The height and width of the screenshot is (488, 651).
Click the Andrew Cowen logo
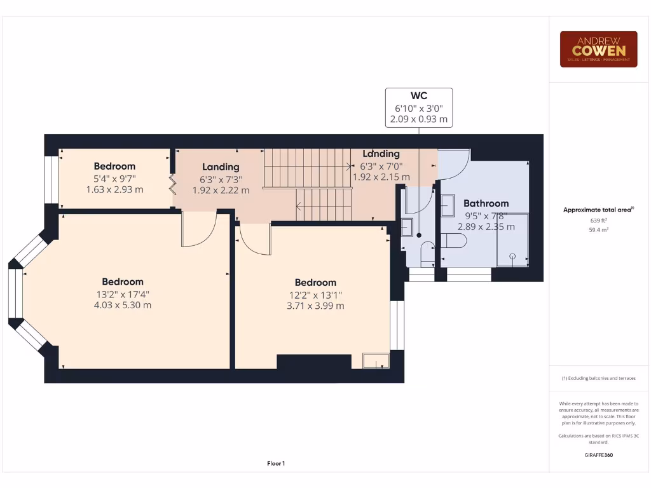point(598,49)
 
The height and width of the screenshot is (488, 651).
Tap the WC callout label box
point(419,107)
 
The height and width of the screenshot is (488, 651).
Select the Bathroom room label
point(486,203)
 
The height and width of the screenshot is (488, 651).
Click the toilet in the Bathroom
point(454,240)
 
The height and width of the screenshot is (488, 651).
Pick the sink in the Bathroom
point(448,205)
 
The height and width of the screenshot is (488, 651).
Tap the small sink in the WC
point(407,227)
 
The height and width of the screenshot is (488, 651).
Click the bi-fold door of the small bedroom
point(172,184)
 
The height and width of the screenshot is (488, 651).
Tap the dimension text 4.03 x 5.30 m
point(123,305)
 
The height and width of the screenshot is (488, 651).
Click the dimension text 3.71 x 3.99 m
point(315,306)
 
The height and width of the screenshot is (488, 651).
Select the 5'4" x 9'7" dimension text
point(114,178)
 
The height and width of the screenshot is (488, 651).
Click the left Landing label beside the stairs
point(221,167)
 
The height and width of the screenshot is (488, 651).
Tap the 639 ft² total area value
point(598,220)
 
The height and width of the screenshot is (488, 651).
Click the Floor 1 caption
point(275,464)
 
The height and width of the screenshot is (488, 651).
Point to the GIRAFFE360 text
point(598,455)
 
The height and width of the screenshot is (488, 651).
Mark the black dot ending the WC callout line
point(419,235)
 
